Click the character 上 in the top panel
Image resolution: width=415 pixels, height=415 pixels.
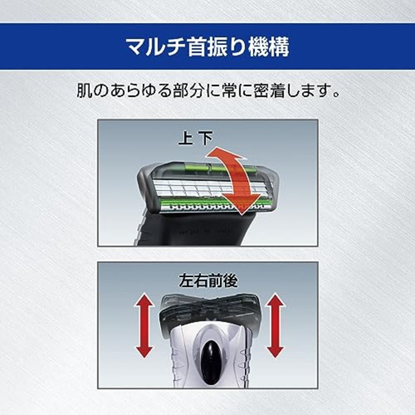pos(185,139)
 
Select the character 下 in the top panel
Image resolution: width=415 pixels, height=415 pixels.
pos(205,139)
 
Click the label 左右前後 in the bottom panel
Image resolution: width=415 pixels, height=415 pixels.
pos(208,281)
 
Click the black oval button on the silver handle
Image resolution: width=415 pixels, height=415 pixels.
pos(210,357)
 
